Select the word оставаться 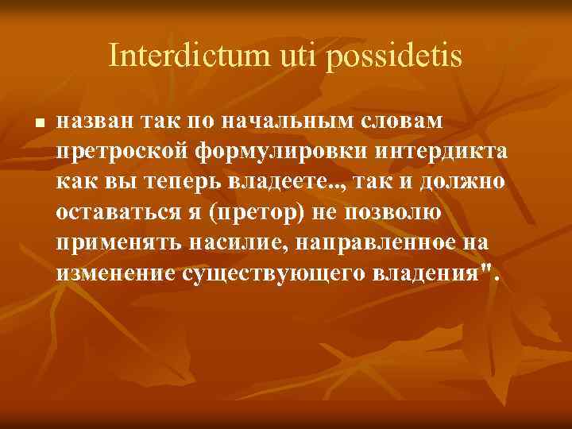pos(116,213)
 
